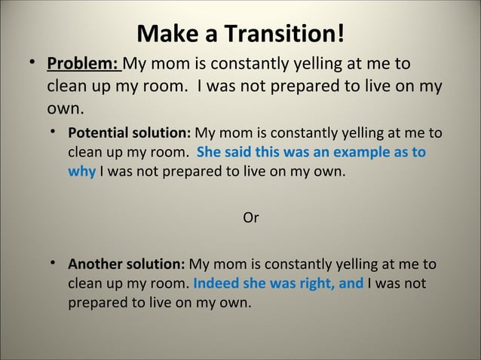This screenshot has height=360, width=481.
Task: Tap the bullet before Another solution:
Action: (54, 264)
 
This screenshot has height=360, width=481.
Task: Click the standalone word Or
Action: (251, 218)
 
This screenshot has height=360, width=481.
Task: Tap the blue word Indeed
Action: (215, 284)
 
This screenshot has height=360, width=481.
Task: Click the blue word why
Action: (81, 172)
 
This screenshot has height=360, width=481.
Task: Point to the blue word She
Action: (209, 153)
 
